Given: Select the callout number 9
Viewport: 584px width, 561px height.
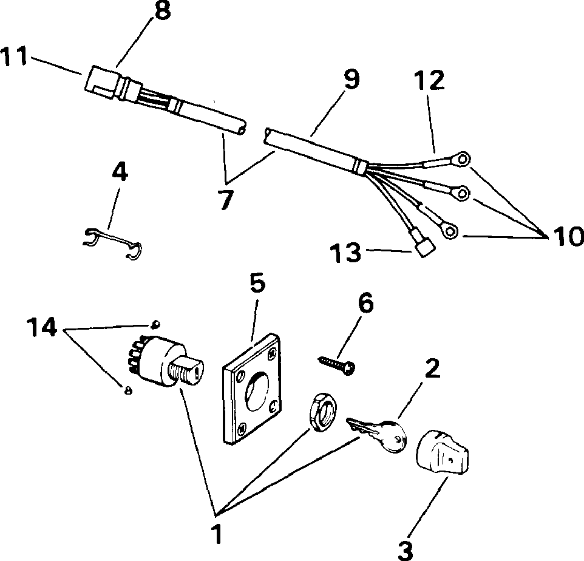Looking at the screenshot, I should click(350, 80).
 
